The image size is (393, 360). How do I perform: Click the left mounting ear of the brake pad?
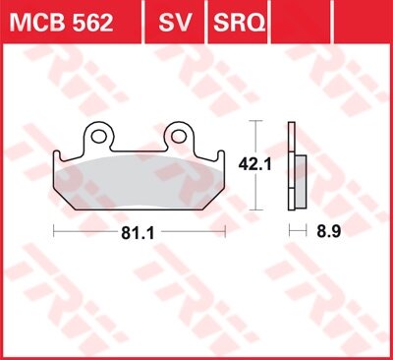coord(97,134)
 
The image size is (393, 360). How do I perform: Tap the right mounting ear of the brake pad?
coord(181,134)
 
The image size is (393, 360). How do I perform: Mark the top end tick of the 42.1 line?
coord(257,121)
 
